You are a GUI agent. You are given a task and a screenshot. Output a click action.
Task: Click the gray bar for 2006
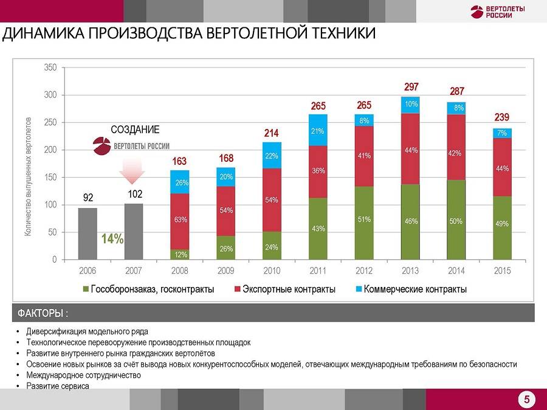click(88, 234)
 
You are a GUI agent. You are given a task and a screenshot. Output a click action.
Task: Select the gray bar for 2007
click(134, 231)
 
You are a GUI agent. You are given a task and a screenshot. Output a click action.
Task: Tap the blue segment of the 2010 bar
click(272, 155)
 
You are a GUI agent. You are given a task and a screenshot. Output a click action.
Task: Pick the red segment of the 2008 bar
click(180, 221)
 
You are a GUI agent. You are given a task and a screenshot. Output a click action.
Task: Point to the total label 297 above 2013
click(411, 87)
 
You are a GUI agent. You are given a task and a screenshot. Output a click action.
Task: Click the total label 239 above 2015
click(501, 117)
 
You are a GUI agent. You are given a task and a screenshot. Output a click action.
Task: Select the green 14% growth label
click(112, 239)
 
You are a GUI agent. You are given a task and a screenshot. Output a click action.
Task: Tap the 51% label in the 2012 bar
click(364, 220)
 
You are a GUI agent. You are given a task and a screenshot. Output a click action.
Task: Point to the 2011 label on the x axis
click(318, 270)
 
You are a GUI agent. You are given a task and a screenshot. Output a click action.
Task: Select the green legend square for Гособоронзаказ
click(86, 289)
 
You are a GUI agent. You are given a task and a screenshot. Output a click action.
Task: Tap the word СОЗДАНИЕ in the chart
click(135, 130)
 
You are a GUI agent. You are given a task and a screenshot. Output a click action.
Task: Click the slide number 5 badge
click(526, 400)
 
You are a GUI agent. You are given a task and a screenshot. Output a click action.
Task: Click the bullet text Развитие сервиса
click(58, 386)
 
